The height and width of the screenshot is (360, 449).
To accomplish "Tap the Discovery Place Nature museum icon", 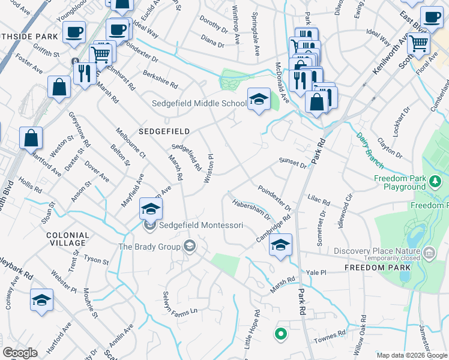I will [x=429, y=253].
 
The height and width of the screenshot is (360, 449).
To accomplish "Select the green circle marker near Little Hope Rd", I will [x=279, y=334].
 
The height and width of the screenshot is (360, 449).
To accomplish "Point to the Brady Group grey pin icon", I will [x=190, y=245].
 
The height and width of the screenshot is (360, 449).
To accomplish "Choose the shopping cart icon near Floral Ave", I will [x=418, y=43].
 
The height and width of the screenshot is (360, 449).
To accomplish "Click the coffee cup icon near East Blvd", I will [x=432, y=18].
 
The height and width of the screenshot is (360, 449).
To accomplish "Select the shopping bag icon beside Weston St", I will [x=31, y=138].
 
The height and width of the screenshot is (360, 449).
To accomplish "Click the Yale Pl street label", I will [x=316, y=272].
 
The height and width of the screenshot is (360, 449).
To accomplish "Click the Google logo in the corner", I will [x=20, y=353].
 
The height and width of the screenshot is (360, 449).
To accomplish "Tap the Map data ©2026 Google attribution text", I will [x=411, y=355].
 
